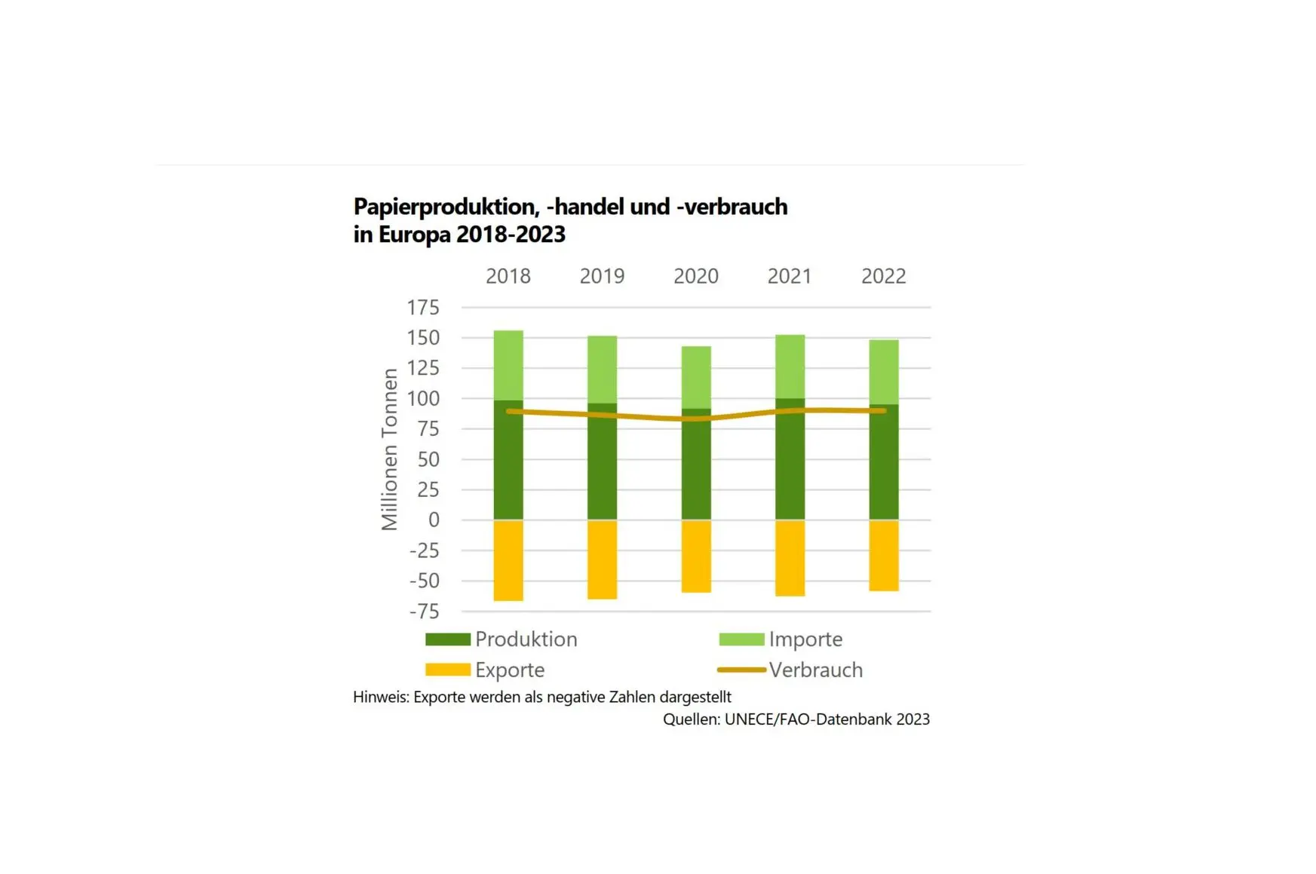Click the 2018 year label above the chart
[508, 276]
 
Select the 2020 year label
[695, 276]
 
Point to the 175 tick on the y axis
[423, 308]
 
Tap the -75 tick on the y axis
[424, 612]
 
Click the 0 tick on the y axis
[434, 520]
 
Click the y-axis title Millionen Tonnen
[389, 449]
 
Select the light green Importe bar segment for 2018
[508, 365]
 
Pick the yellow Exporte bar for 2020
[696, 557]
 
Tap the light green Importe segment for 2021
[790, 366]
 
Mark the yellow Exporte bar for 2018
[508, 560]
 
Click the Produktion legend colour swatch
[448, 639]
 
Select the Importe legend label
[805, 639]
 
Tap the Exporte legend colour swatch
[448, 670]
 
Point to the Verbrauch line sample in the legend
[741, 670]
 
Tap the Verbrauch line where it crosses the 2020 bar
[696, 419]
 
